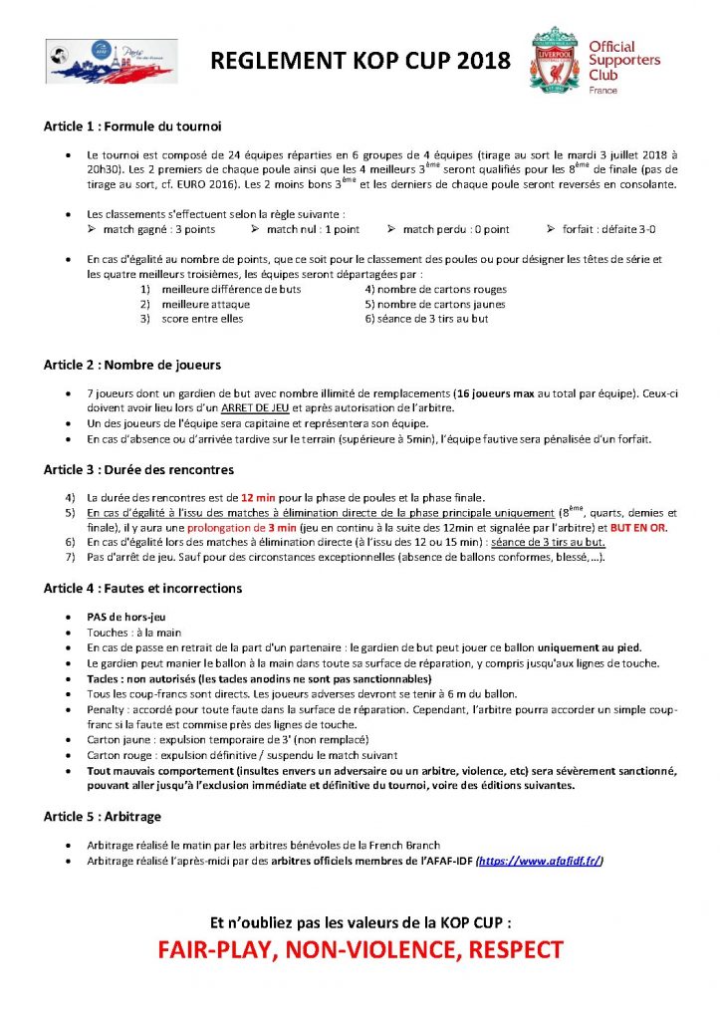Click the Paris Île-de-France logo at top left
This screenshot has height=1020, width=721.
tap(112, 61)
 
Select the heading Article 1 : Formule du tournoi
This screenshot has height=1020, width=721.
tap(132, 127)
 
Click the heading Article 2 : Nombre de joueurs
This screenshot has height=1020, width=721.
tap(132, 365)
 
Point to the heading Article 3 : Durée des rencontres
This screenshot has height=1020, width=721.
tap(139, 468)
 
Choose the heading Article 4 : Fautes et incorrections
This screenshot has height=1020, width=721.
tap(142, 589)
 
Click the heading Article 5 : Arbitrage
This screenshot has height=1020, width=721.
tap(103, 816)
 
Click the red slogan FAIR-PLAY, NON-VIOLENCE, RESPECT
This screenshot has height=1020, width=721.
tap(360, 949)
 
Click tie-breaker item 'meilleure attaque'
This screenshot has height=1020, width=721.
tap(205, 304)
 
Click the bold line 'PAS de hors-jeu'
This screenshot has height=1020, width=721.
tap(125, 618)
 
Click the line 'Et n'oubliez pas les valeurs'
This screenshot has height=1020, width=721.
tap(360, 921)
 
